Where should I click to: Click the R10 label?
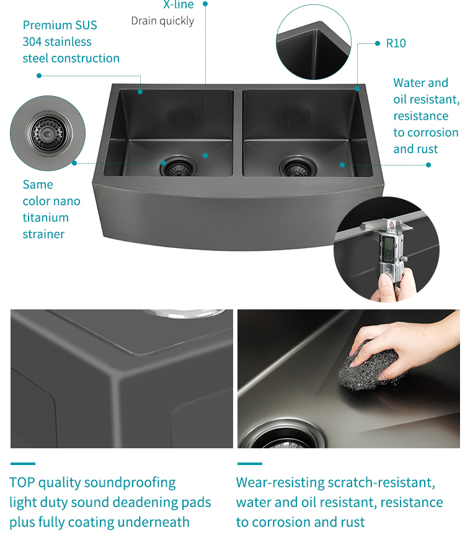click(396, 43)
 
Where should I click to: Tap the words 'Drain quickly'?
click(162, 21)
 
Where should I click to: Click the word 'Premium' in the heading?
click(45, 25)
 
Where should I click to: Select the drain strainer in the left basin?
click(179, 167)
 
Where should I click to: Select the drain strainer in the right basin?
click(298, 167)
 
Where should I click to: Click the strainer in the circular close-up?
click(48, 133)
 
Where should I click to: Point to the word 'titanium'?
click(45, 218)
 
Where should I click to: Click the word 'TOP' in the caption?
click(22, 483)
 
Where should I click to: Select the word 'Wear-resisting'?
click(280, 483)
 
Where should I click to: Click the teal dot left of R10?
click(378, 43)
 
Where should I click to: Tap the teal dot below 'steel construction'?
click(39, 76)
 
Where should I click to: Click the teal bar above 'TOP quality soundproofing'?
click(23, 463)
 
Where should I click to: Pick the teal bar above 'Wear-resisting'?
click(250, 463)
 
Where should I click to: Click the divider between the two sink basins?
click(237, 132)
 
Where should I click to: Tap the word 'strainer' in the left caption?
click(43, 234)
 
